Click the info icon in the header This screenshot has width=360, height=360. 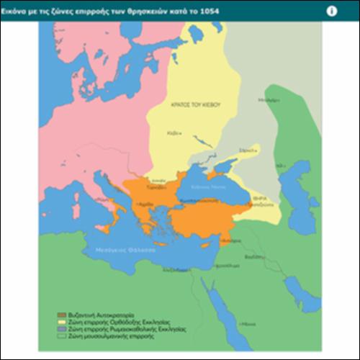pos(332,11)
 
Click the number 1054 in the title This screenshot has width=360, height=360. pos(210,12)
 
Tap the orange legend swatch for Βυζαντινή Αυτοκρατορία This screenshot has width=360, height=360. pos(62,315)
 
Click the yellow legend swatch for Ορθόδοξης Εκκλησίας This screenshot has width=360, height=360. pos(62,321)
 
